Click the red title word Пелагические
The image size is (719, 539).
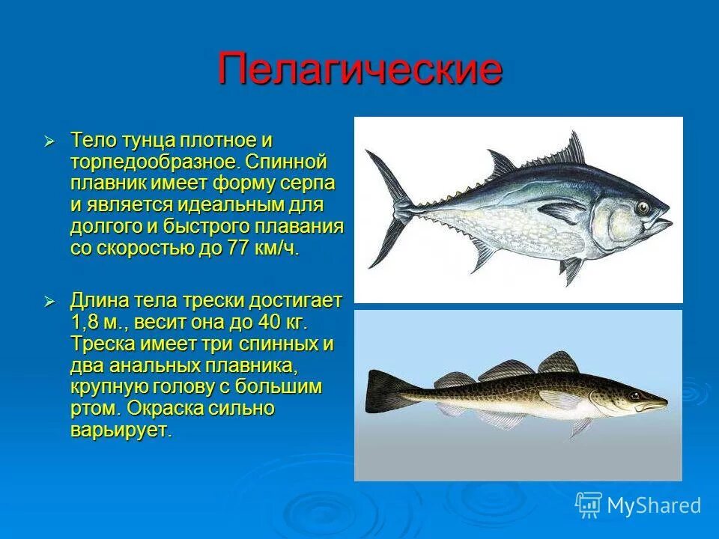pos(359,70)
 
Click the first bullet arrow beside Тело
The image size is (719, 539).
pos(49,141)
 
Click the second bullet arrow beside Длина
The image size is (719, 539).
pos(49,301)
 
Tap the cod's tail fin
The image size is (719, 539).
pos(380,392)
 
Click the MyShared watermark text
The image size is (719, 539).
pos(654,505)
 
